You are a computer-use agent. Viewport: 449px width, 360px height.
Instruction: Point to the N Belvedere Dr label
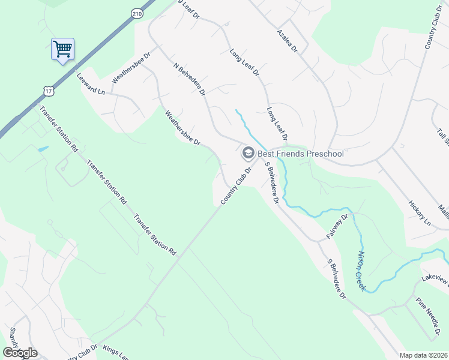coord(189,79)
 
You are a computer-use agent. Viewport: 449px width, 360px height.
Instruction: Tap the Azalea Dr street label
coord(288,40)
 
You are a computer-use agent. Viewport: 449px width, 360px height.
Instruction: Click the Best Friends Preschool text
coord(300,154)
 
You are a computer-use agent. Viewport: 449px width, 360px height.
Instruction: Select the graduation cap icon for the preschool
coord(247,154)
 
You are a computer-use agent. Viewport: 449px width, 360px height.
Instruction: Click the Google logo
coord(20,352)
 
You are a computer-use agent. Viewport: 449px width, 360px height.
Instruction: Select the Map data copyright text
coord(423,355)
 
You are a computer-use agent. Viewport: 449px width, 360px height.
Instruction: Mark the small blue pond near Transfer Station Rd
coord(42,148)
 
